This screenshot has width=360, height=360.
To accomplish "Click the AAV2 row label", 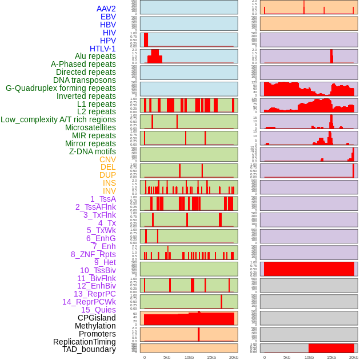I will pyautogui.click(x=106, y=9).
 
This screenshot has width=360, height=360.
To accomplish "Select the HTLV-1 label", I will pyautogui.click(x=102, y=49).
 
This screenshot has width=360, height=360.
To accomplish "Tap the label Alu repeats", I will pyautogui.click(x=95, y=57).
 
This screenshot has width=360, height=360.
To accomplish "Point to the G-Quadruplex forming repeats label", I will pyautogui.click(x=61, y=89).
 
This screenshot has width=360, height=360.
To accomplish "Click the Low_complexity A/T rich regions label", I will pyautogui.click(x=58, y=120).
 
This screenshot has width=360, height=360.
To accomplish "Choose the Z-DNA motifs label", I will pyautogui.click(x=93, y=152).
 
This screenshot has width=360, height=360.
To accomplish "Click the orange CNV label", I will pyautogui.click(x=107, y=160).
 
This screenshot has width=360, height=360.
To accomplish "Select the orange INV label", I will pyautogui.click(x=109, y=191).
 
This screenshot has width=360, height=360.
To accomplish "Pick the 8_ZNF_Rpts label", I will pyautogui.click(x=93, y=255).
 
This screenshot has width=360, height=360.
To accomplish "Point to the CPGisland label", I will pyautogui.click(x=97, y=318).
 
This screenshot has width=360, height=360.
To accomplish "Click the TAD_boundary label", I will pyautogui.click(x=89, y=349).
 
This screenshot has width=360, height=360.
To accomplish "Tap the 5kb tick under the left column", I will pyautogui.click(x=167, y=357).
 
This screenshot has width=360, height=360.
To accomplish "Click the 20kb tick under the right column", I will pyautogui.click(x=354, y=357).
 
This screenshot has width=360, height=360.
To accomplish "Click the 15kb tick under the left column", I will pyautogui.click(x=211, y=357).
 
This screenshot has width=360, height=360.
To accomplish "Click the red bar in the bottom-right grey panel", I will pyautogui.click(x=331, y=348).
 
